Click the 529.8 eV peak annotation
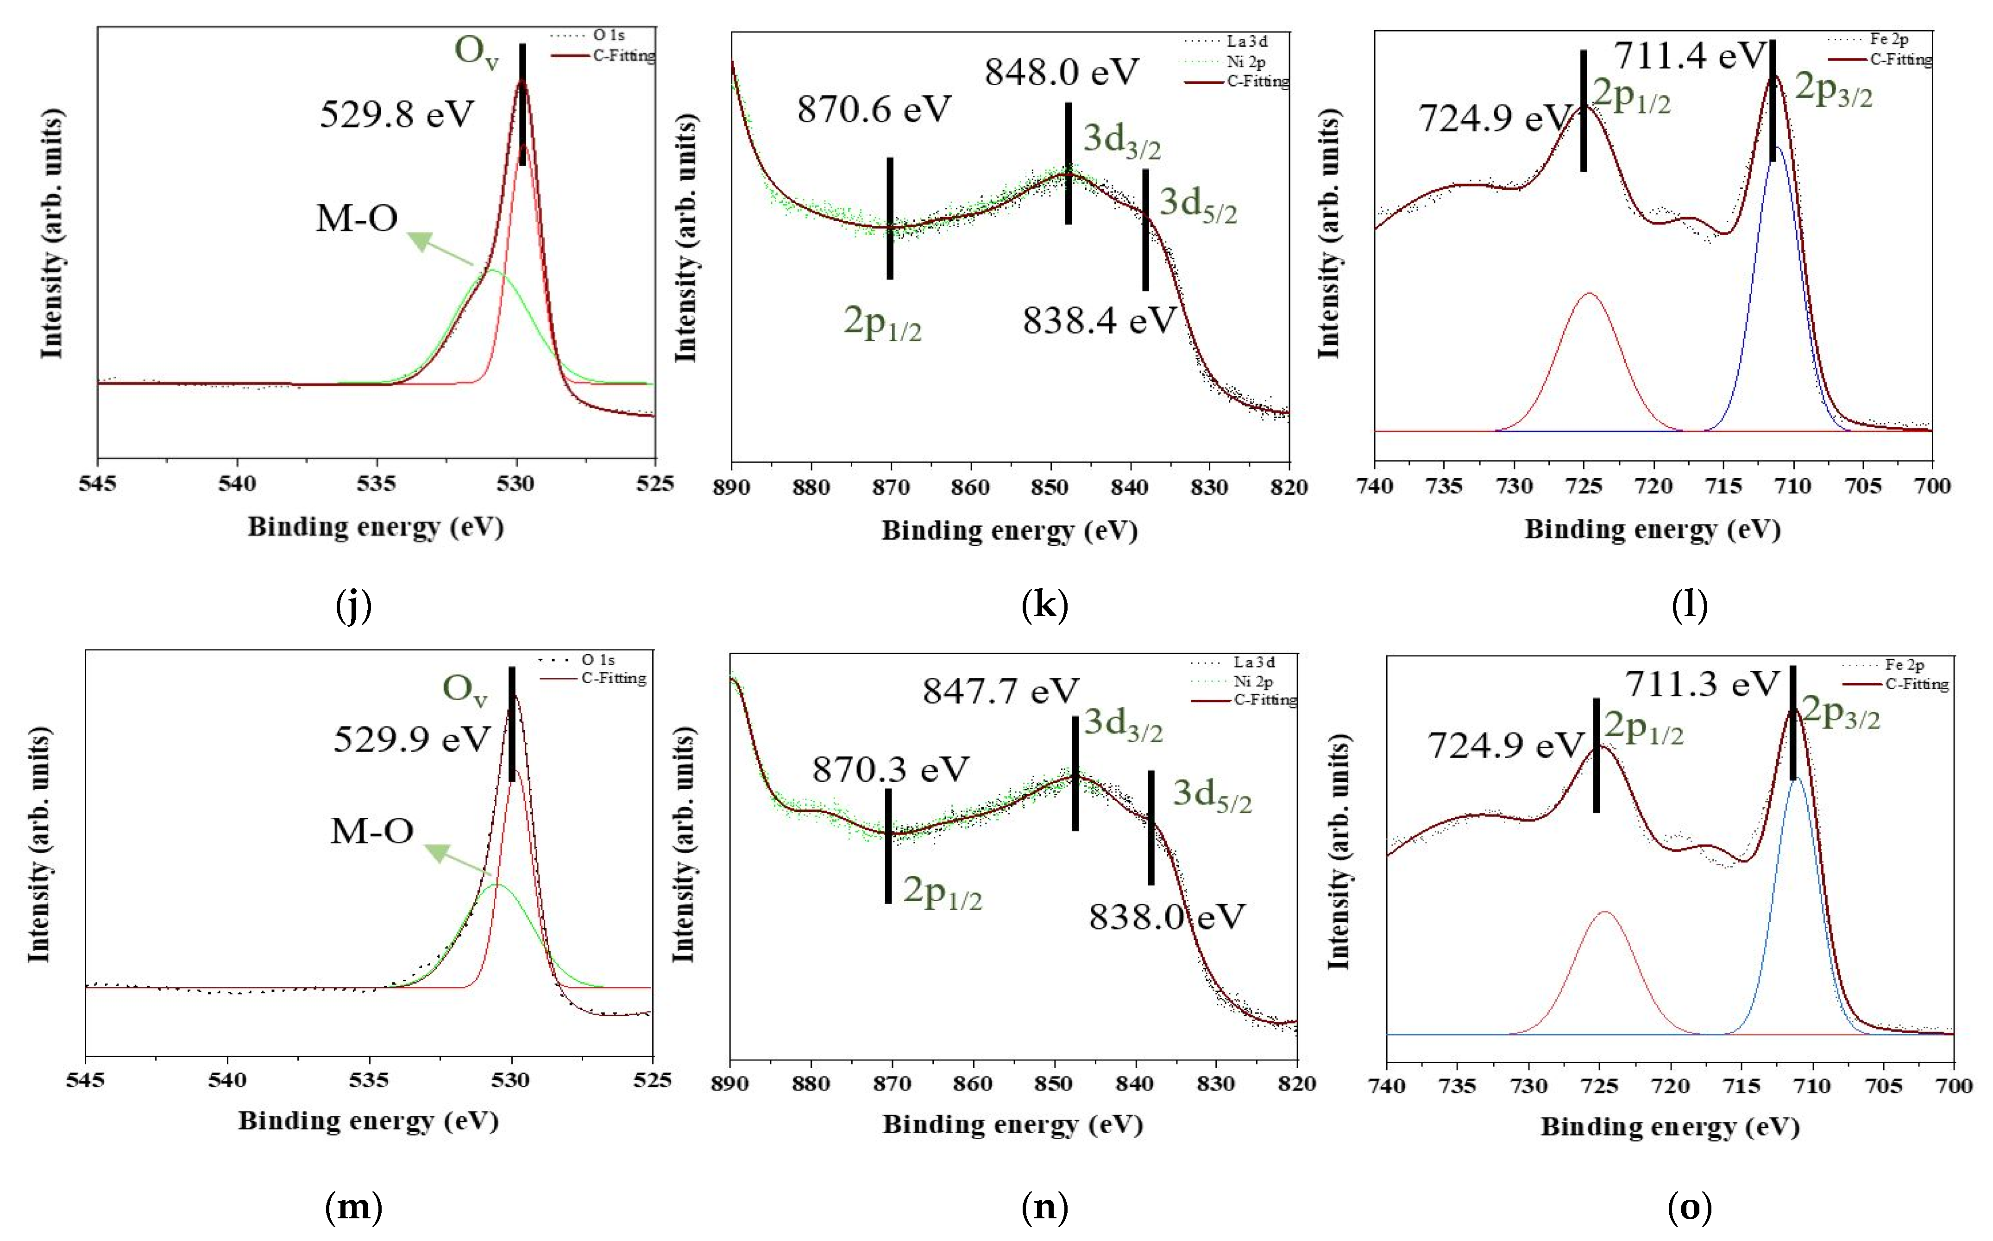pos(396,114)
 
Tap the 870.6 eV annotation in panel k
pos(874,109)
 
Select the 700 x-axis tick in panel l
pos(1931,486)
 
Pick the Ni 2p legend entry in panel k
pos(1246,62)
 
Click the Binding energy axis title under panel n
pos(1012,1124)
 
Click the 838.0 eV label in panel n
pos(1167,917)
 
